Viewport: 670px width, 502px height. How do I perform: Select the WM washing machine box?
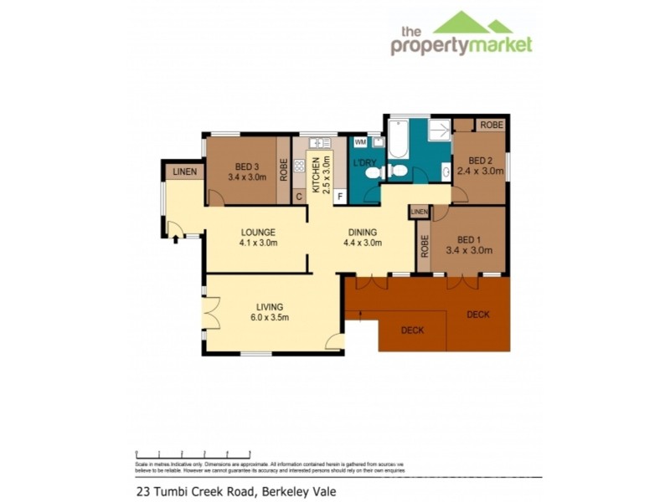click(x=360, y=142)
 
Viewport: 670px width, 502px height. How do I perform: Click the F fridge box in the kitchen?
click(x=340, y=197)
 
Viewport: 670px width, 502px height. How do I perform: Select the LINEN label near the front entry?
click(x=185, y=172)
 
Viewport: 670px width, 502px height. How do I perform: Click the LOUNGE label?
click(x=259, y=232)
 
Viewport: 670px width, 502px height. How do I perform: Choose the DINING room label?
click(x=363, y=232)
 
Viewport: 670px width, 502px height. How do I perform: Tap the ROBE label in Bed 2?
click(x=491, y=125)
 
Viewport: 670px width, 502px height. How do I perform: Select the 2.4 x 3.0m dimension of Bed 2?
click(x=480, y=172)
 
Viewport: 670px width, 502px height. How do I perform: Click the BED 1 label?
click(x=468, y=238)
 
